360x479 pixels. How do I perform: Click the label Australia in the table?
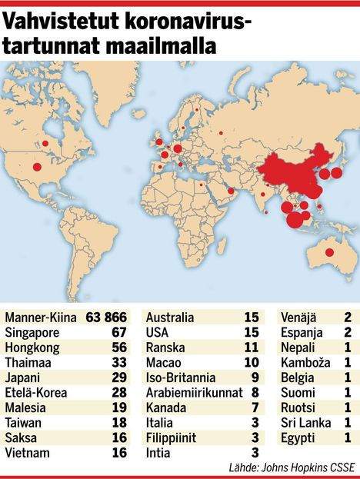tap(170, 316)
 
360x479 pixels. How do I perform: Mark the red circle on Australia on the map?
tap(329, 253)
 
